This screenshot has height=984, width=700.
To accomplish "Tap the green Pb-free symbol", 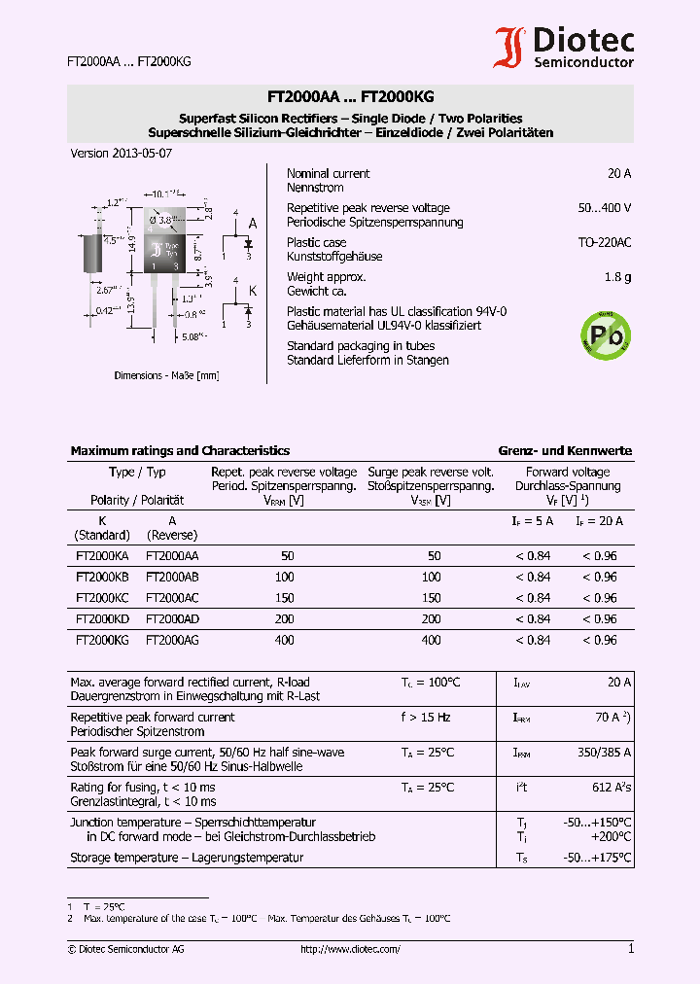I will point(606,334).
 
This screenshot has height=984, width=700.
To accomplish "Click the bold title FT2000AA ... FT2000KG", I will point(350,97).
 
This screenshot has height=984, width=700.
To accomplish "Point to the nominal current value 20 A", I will point(619,174).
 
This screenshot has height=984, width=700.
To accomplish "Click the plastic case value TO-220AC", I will point(605,242).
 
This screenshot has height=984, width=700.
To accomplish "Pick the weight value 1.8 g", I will point(617,277).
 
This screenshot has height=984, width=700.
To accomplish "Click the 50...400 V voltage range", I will point(604,208).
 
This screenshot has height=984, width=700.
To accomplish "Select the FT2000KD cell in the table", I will point(102,619).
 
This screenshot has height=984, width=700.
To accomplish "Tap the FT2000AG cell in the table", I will point(172,641).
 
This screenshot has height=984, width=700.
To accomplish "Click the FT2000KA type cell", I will point(102,556).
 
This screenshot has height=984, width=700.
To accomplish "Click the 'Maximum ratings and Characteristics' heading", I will point(180,451).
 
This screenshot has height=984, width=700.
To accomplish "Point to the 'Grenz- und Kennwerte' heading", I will point(565,451).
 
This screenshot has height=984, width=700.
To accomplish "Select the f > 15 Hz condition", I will point(425,718).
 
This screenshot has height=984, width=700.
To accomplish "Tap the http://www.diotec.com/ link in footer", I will point(350,949).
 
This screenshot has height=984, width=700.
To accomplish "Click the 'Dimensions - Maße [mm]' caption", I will point(166,375).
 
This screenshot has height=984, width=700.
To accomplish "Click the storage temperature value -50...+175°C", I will point(597,858).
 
